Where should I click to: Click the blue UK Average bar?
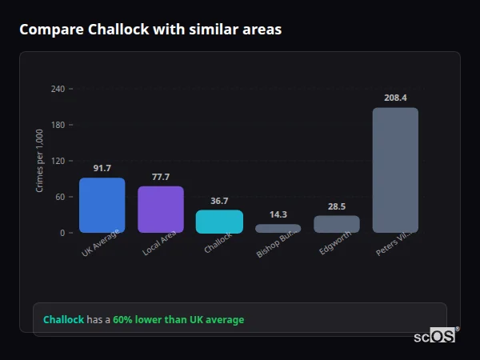click(x=102, y=205)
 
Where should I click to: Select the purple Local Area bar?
click(x=161, y=210)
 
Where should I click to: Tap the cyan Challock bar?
click(x=219, y=222)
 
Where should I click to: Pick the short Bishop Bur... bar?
click(x=278, y=229)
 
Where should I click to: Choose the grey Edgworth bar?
click(x=337, y=224)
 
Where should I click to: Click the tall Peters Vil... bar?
click(x=395, y=170)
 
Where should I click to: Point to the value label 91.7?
click(x=102, y=168)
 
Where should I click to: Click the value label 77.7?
click(x=161, y=177)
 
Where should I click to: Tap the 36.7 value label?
click(x=219, y=201)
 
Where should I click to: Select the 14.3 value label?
click(x=278, y=214)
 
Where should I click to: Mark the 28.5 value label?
click(x=337, y=206)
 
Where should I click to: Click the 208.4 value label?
click(x=395, y=98)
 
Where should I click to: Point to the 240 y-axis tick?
click(x=58, y=89)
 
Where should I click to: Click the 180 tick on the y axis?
click(x=58, y=125)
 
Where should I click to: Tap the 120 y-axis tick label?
click(x=58, y=161)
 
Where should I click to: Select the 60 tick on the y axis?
click(x=60, y=197)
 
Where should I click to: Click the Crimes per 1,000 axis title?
click(x=40, y=161)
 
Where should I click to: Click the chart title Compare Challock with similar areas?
click(x=150, y=30)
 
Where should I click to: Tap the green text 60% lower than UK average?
click(x=178, y=320)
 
